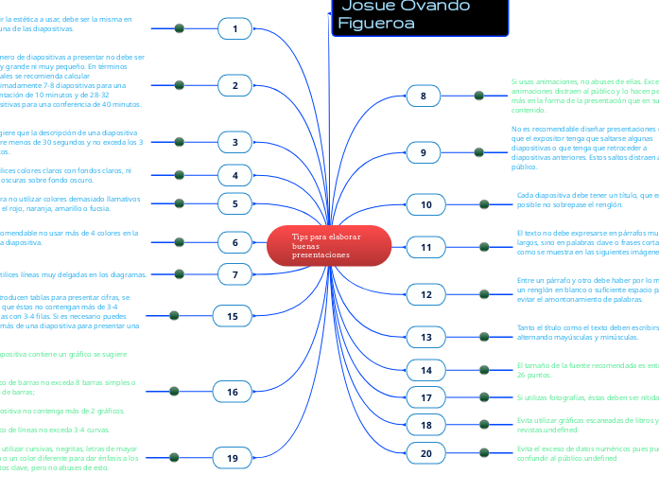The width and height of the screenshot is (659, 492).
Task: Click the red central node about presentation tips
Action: click(x=327, y=245)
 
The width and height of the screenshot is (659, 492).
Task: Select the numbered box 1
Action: click(x=234, y=29)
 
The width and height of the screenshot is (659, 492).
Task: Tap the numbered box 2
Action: click(x=234, y=86)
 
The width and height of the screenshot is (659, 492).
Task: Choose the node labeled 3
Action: click(x=234, y=143)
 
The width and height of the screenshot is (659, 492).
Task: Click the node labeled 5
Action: click(x=234, y=202)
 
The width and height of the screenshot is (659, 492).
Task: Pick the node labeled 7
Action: click(x=234, y=274)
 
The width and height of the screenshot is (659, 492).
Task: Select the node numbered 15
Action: click(x=233, y=315)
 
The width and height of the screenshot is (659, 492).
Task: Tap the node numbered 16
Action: click(x=233, y=391)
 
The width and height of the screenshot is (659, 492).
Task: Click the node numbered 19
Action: click(x=233, y=459)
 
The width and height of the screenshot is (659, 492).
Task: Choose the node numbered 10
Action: click(x=426, y=204)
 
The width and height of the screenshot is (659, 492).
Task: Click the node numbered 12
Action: click(x=426, y=295)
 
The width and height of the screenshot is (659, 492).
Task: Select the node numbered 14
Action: click(x=426, y=370)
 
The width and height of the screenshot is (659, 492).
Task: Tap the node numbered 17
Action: click(x=426, y=397)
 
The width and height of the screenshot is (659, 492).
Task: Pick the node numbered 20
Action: click(x=426, y=454)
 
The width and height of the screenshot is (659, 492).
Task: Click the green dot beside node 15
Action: click(x=173, y=315)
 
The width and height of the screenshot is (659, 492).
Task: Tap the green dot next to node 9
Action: click(x=479, y=151)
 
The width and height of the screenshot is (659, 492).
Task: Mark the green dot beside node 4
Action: click(x=179, y=174)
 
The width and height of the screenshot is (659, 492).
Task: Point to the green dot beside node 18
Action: click(x=484, y=424)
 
